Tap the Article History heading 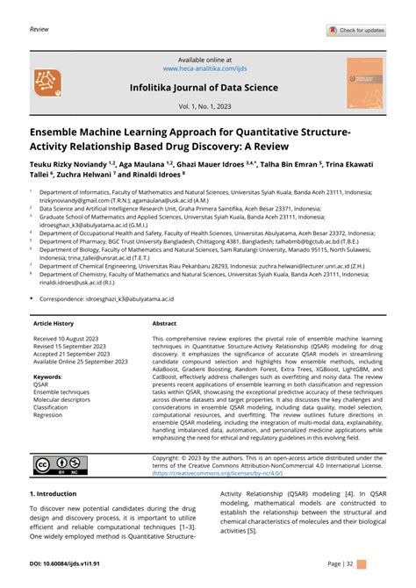(54, 323)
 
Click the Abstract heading (164, 323)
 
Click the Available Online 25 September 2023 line (81, 362)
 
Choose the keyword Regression (48, 415)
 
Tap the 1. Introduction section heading (55, 493)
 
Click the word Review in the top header (39, 29)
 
